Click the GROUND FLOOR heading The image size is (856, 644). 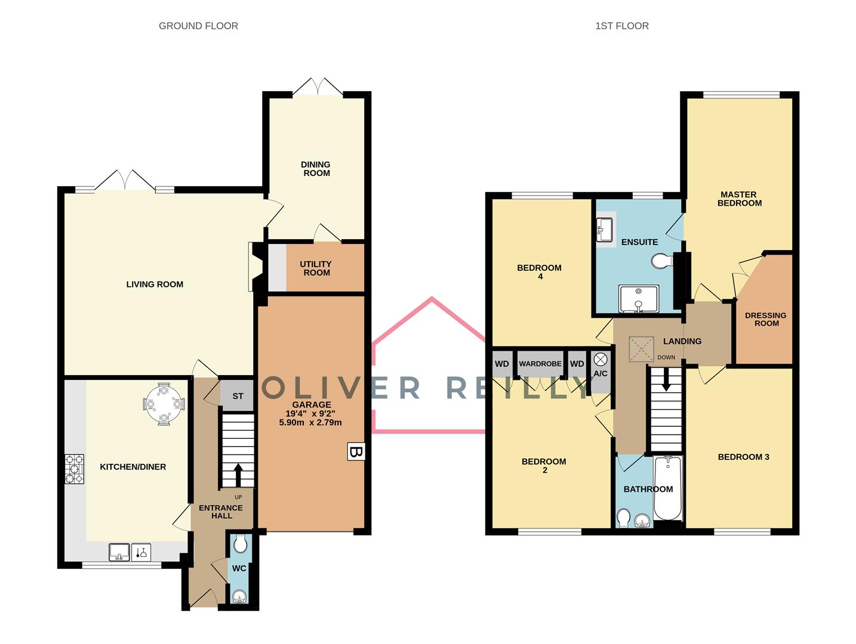click(x=198, y=26)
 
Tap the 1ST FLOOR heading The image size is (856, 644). click(x=621, y=26)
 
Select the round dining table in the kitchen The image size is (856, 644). click(x=164, y=404)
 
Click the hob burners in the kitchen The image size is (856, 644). click(x=74, y=469)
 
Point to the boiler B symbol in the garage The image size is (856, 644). click(x=356, y=451)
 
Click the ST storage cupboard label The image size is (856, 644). click(x=238, y=396)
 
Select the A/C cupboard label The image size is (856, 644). click(x=600, y=373)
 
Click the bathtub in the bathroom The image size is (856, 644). click(x=668, y=488)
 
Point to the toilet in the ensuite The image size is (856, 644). click(x=662, y=261)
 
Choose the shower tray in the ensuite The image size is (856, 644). click(x=638, y=299)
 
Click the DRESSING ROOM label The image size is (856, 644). click(x=765, y=319)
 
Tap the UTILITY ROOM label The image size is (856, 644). click(x=316, y=268)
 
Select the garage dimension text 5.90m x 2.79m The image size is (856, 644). click(x=310, y=422)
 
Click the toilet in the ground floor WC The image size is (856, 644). click(x=240, y=544)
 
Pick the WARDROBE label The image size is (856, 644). click(x=540, y=364)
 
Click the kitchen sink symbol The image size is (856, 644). click(x=119, y=552)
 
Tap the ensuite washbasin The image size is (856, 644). click(x=605, y=230)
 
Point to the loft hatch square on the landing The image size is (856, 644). click(x=641, y=349)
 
